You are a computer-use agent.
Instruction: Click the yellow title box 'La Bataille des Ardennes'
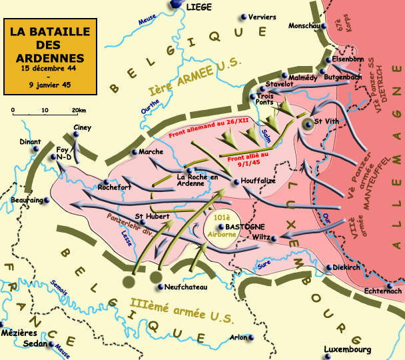[47, 57]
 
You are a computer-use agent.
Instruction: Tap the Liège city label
[200, 7]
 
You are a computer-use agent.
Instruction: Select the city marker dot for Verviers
[244, 17]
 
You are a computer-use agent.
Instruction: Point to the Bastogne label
[250, 227]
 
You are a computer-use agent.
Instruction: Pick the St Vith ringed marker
[307, 123]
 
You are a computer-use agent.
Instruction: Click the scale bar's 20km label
[79, 110]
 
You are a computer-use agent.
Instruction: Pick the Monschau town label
[304, 26]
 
